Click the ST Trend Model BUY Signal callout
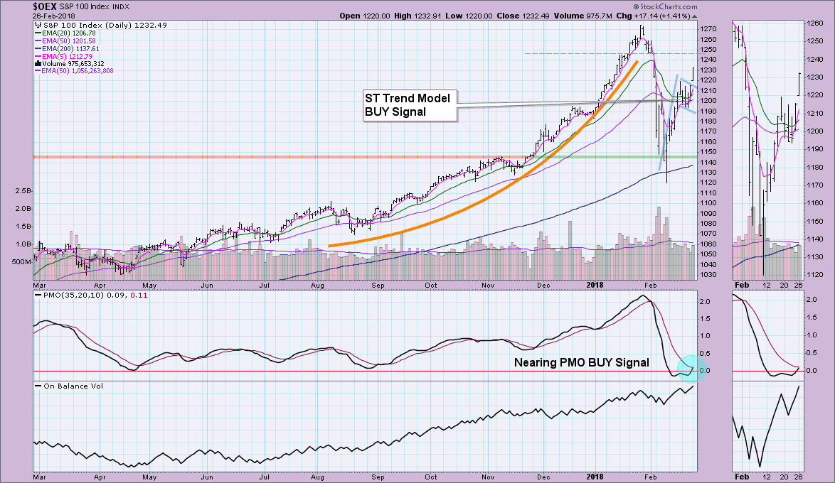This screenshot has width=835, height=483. [x=408, y=104]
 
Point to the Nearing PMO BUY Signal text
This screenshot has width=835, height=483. [x=581, y=362]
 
